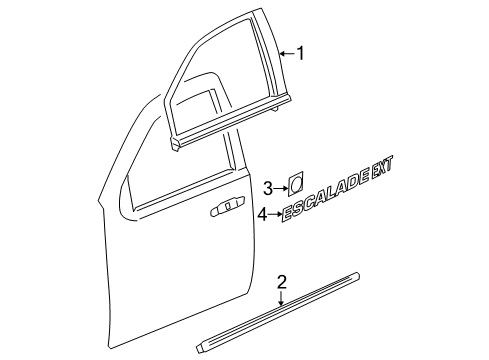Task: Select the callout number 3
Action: [x=267, y=187]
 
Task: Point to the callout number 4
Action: [x=262, y=213]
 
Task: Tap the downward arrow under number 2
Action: [x=283, y=297]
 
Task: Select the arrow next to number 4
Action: [x=274, y=213]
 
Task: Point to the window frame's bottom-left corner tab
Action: [x=176, y=146]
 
